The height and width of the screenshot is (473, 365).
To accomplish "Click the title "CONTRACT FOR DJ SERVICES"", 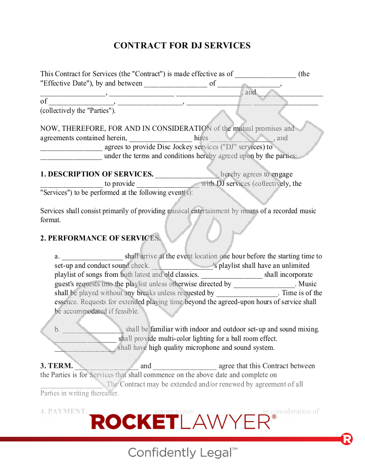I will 182,46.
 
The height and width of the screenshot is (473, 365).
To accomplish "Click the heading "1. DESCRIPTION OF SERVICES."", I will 97,174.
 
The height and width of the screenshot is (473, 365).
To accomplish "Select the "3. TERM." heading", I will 56,366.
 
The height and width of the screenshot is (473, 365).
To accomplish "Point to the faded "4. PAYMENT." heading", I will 64,411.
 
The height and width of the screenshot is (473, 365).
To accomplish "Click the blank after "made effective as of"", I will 265,74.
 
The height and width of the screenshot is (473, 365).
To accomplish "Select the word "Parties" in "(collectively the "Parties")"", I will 101,111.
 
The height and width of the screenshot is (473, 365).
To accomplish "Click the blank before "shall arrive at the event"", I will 92,257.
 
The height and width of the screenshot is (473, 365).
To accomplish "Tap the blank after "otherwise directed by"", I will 264,284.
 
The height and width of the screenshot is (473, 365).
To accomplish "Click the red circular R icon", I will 347,439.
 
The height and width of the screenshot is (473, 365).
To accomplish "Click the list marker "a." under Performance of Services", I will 57,257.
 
